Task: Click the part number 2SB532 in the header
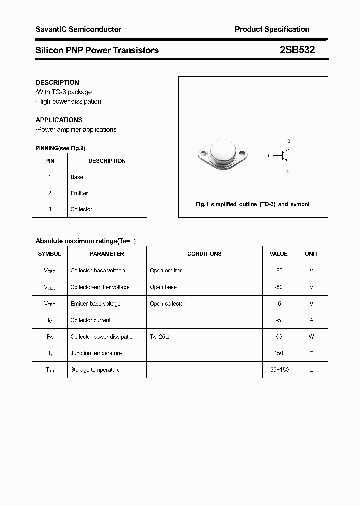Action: [297, 50]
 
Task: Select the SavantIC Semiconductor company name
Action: [78, 29]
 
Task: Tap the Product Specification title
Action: [272, 29]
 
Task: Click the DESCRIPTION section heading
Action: [57, 82]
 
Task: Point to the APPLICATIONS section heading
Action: [59, 120]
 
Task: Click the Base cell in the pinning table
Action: [77, 177]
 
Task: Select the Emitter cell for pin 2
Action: [79, 193]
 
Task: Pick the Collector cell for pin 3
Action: [81, 209]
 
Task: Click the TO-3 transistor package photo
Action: [221, 153]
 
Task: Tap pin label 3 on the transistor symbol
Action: [289, 141]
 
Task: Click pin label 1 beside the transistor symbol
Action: [268, 156]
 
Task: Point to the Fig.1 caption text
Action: [252, 204]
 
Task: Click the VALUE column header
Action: [278, 254]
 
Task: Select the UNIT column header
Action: [311, 254]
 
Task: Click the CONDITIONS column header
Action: [204, 254]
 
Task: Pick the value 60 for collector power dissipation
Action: [278, 337]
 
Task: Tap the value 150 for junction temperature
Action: [278, 353]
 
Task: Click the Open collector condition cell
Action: [167, 304]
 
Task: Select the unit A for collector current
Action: [311, 320]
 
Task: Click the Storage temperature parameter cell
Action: [95, 370]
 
